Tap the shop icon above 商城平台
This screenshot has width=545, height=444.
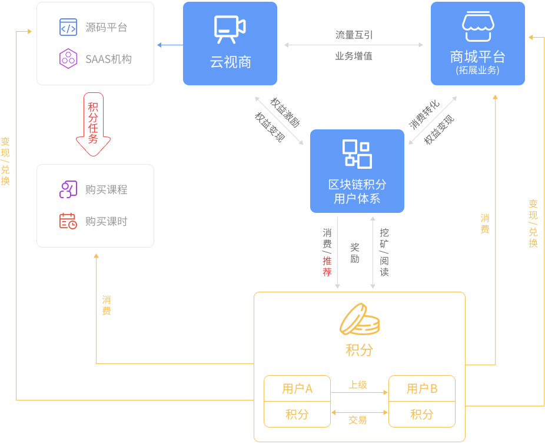[477, 26]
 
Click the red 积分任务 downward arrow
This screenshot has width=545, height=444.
[93, 123]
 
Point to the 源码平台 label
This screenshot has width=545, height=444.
[106, 27]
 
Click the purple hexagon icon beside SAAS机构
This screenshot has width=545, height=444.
[68, 59]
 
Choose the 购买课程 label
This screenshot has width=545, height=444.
[106, 189]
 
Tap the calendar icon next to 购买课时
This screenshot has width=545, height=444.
[68, 221]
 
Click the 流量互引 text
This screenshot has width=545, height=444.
[354, 35]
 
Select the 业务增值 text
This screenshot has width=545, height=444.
[354, 56]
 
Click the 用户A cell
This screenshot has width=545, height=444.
[297, 388]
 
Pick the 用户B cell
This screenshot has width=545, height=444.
[422, 388]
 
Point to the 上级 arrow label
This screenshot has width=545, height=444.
[358, 385]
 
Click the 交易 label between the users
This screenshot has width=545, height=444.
[358, 420]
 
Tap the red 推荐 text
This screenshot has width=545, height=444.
[327, 266]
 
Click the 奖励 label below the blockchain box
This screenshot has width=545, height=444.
[355, 253]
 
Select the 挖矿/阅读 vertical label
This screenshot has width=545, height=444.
[384, 252]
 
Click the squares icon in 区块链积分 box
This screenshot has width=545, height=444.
[357, 154]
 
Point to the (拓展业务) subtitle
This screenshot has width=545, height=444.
[477, 70]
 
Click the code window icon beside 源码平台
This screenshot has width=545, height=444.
[68, 27]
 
